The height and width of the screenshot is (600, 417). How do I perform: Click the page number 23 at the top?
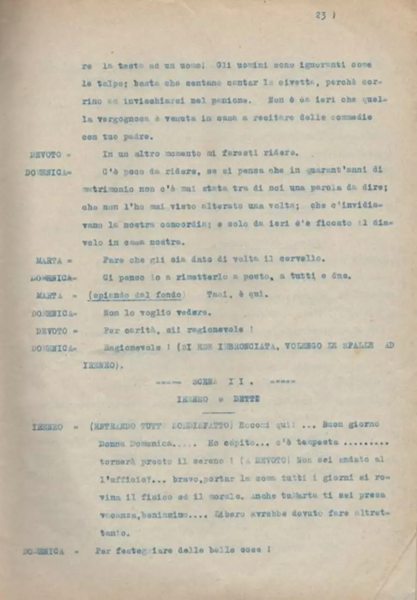click(x=320, y=16)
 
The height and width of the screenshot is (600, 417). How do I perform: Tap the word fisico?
click(x=151, y=496)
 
